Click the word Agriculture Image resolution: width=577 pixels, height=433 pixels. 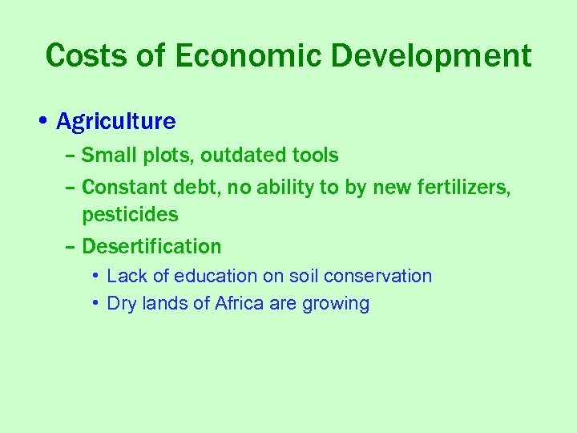click(116, 122)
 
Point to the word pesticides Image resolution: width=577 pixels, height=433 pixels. click(130, 215)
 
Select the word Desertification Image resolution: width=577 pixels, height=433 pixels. click(151, 246)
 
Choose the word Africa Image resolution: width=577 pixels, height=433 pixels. click(239, 304)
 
